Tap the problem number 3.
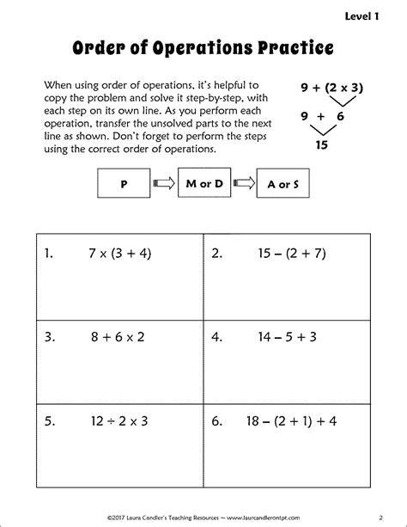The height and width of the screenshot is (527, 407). point(49,336)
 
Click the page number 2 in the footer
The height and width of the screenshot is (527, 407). point(380,518)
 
